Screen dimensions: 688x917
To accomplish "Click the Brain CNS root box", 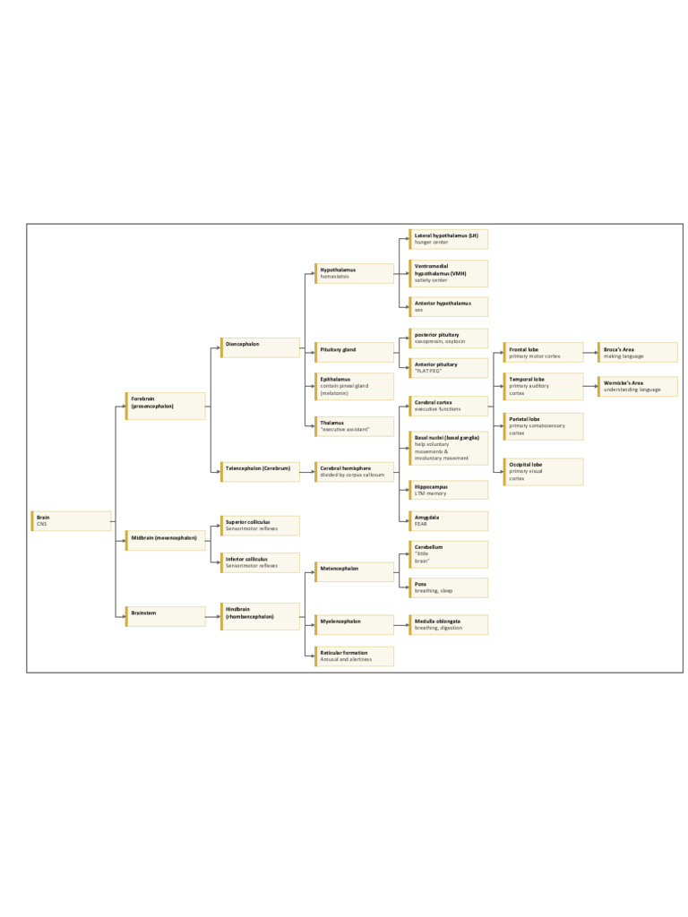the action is tap(73, 520).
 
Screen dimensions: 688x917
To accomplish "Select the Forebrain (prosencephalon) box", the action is tap(166, 406).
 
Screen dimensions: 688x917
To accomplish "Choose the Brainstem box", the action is tap(166, 616).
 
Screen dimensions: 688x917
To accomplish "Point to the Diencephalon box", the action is tap(260, 347).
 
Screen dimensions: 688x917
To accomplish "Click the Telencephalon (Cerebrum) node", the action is tap(260, 471).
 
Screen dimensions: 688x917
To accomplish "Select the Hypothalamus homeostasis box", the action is tap(354, 273).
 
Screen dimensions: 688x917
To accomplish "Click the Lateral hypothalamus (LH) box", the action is tap(448, 239).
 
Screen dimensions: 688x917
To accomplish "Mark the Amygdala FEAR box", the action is tap(448, 520).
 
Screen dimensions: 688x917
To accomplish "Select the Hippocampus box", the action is tap(448, 490).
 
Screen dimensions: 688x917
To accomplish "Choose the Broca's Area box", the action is tap(638, 352).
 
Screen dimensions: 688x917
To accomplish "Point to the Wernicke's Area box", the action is tap(638, 387).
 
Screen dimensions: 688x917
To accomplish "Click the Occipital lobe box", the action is tap(543, 472).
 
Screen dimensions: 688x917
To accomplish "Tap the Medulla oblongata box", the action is tap(448, 624).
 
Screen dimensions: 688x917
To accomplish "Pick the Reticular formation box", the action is tap(354, 656).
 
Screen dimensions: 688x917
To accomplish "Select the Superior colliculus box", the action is tap(260, 526).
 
